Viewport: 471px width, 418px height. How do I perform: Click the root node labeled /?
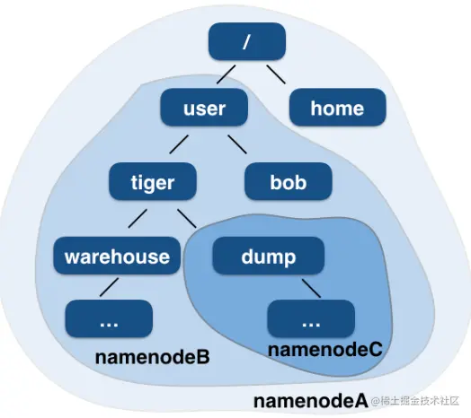click(247, 41)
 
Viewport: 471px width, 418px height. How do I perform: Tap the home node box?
click(338, 109)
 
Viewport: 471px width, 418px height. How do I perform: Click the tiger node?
click(152, 183)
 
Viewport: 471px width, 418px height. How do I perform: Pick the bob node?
click(288, 183)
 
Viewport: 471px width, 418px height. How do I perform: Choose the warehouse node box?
click(117, 257)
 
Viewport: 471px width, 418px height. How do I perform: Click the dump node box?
click(268, 257)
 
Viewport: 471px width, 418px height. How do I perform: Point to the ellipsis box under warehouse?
click(110, 319)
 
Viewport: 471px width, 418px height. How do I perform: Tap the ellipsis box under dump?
click(311, 319)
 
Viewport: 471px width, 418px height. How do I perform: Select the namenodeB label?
click(152, 358)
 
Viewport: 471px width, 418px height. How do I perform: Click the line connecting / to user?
click(225, 74)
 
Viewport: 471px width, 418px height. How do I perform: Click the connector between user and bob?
click(236, 144)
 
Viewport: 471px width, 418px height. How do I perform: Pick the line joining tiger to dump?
click(186, 219)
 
